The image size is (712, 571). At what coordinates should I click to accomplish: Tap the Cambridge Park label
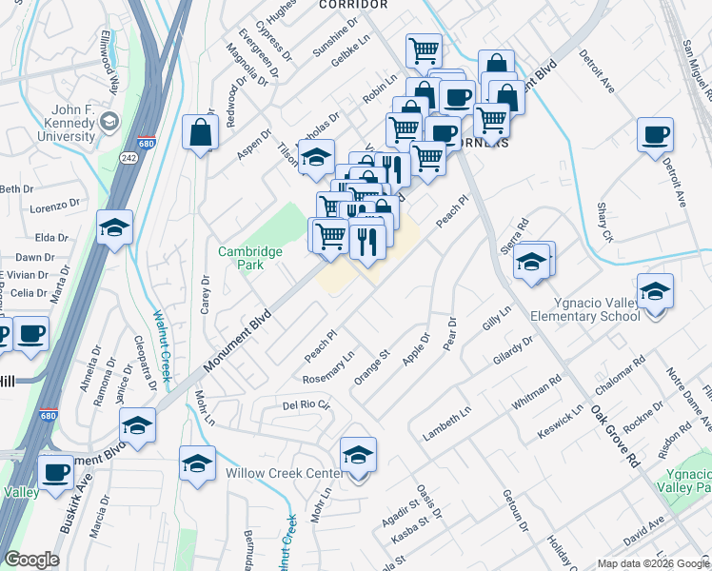coord(250,258)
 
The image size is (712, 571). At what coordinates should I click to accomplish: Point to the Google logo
coord(30,560)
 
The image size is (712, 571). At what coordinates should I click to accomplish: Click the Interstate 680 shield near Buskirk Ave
coord(48,416)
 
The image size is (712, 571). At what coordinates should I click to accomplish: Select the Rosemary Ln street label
coord(328,366)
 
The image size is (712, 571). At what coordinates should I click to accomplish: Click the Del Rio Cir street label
coord(307,405)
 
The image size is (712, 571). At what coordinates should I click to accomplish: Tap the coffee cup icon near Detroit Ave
coord(654,136)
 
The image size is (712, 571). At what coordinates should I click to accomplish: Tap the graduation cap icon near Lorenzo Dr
coord(114,228)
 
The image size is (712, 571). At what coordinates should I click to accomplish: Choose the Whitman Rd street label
coord(536,393)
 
